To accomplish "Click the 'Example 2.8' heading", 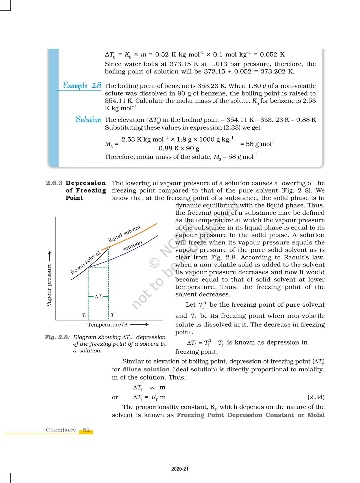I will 82,85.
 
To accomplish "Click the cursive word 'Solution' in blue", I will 88,120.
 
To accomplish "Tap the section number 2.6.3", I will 54,183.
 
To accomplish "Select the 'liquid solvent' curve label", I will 124,234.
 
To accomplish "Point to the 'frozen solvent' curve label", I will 85,263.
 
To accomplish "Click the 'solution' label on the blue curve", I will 132,246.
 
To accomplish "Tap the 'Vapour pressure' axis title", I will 49,285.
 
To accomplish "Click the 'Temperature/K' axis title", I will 108,325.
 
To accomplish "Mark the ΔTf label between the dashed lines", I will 99,297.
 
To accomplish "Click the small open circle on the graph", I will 108,247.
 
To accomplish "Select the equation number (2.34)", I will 316,397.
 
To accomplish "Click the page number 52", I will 86,430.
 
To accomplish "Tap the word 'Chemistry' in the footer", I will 61,430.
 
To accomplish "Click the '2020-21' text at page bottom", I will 180,469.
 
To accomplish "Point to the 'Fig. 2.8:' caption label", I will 57,337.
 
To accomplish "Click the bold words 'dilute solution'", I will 146,369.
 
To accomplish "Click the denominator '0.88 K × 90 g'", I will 179,148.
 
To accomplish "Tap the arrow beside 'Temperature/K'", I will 139,324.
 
